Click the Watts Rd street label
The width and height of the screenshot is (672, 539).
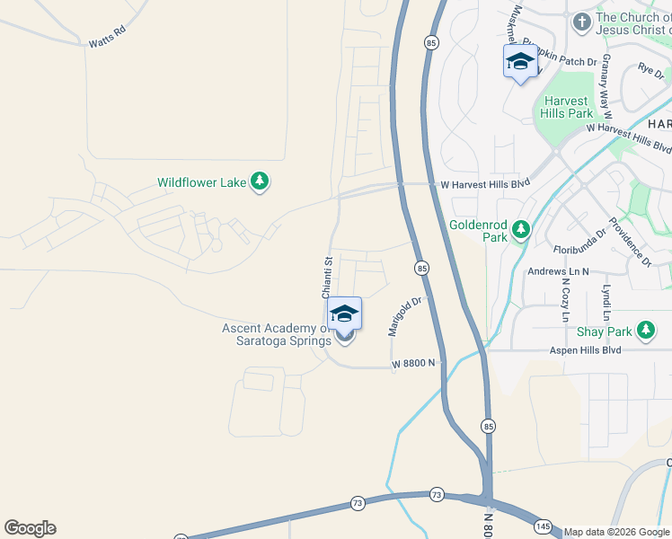(x=106, y=42)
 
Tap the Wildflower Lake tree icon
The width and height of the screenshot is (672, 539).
(x=260, y=182)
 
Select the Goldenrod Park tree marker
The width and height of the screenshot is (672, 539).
(x=520, y=232)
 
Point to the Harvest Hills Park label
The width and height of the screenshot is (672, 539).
(x=567, y=108)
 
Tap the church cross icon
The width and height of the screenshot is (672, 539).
(x=581, y=21)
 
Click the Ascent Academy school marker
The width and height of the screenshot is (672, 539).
(x=344, y=314)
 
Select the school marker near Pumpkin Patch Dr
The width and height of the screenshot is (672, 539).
(x=520, y=63)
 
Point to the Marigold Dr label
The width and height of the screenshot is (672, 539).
(x=404, y=317)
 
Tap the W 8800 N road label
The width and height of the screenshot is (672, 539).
(x=413, y=363)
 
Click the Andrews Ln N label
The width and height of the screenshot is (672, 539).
(x=558, y=271)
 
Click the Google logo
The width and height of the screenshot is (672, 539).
(x=30, y=528)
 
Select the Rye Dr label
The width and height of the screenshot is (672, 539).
(x=650, y=68)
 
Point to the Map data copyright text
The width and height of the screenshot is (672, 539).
(x=616, y=532)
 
